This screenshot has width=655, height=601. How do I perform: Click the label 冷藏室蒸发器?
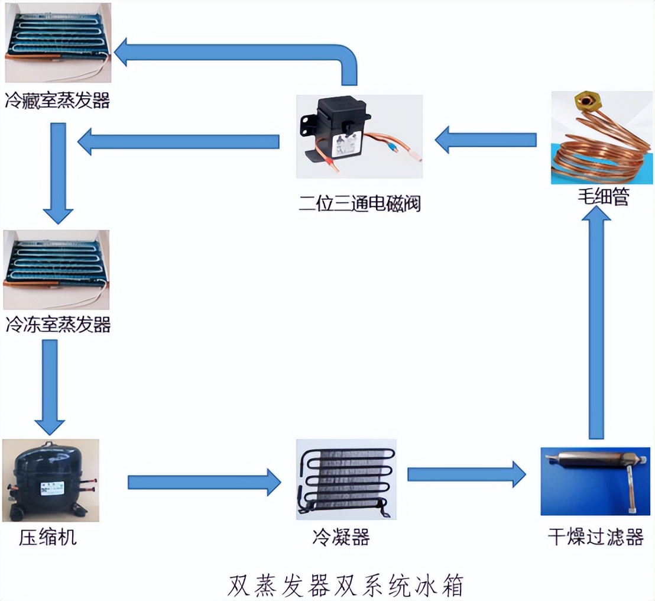click(x=58, y=100)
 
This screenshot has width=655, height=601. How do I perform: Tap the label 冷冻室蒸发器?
click(x=58, y=324)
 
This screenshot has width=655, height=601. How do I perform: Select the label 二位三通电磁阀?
click(x=359, y=204)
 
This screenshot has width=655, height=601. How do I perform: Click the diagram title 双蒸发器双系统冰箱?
click(x=346, y=584)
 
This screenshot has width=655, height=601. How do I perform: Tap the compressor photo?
click(x=50, y=480)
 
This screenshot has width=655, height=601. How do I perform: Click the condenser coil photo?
click(x=346, y=479)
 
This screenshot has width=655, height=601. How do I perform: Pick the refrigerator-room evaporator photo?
click(x=58, y=43)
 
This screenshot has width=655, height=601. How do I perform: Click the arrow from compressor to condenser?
click(x=204, y=482)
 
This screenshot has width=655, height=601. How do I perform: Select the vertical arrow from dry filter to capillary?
click(x=596, y=325)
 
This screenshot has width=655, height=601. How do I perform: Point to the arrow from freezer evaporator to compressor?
click(x=50, y=387)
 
